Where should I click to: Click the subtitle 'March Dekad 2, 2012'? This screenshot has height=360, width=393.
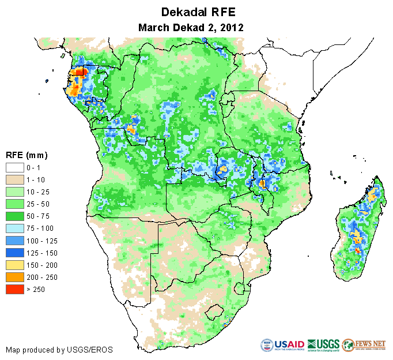191,27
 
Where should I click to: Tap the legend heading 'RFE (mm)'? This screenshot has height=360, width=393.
27,155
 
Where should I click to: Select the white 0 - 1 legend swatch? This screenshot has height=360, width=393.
15,168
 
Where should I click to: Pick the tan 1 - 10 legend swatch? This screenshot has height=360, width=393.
15,180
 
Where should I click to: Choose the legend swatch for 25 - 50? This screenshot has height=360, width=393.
15,204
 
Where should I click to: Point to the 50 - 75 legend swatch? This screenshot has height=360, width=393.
15,216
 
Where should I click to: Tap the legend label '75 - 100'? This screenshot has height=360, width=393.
40,228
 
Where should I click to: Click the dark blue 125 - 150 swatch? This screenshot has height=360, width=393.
15,253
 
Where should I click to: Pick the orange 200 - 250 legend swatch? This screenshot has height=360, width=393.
15,277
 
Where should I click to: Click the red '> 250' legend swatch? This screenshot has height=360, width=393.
15,290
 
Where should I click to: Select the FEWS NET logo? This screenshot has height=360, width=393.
363,345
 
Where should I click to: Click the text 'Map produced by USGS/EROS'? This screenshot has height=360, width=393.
59,350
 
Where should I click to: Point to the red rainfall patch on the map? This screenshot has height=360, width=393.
80,72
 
